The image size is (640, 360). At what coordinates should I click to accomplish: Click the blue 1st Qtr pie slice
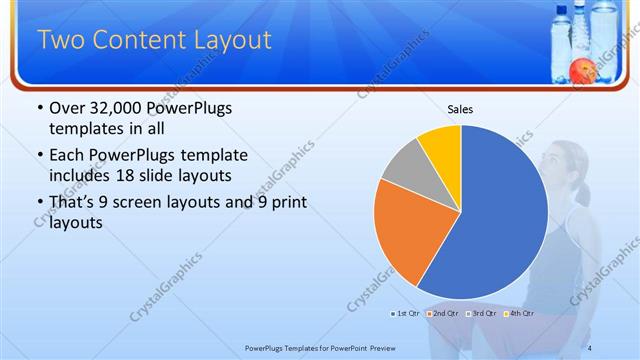point(505,215)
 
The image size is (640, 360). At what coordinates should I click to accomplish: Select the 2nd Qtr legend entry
point(445,314)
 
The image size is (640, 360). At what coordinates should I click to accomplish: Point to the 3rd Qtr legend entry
point(482,314)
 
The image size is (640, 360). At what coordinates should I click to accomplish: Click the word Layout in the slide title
point(222,41)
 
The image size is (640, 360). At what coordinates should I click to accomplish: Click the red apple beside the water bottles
point(579,69)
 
